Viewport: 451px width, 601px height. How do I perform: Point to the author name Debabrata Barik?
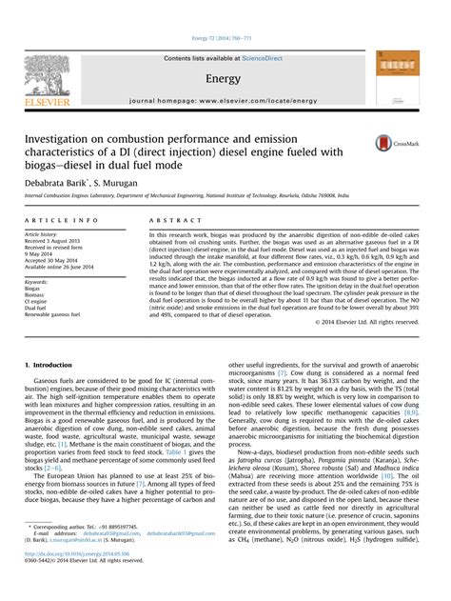(x=59, y=178)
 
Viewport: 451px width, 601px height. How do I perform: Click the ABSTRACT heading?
(x=168, y=221)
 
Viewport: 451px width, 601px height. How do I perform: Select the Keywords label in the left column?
(x=37, y=282)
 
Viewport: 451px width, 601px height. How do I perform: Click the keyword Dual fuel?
(x=35, y=308)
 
